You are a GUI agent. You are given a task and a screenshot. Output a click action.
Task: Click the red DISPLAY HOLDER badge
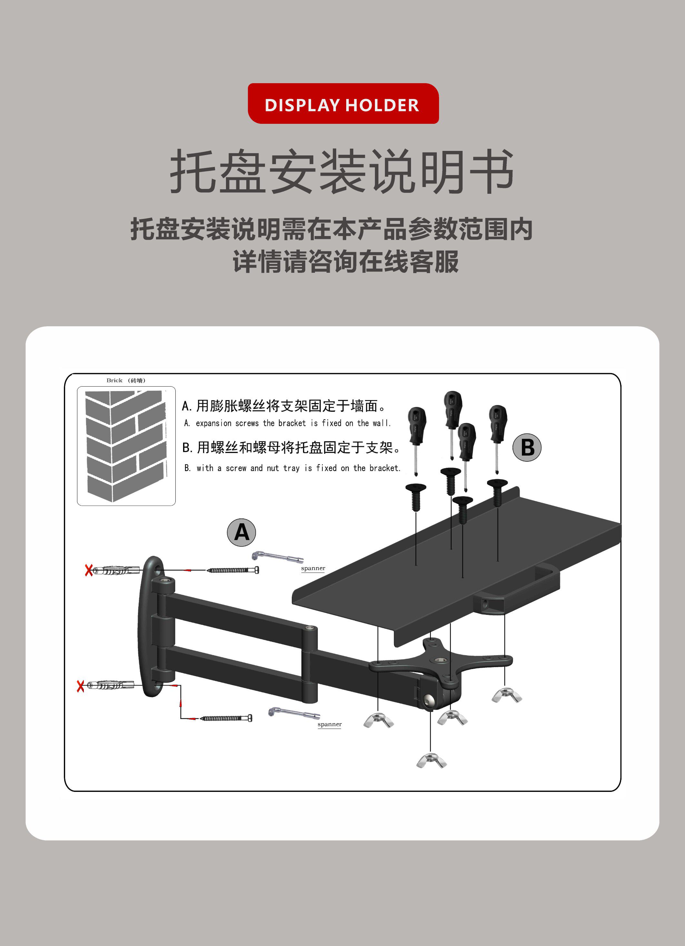coord(343,103)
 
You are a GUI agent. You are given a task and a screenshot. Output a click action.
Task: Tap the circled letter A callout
coord(241,533)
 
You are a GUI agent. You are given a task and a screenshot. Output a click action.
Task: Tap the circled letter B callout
coord(527,448)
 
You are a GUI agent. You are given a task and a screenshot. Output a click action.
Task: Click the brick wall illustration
coord(126,446)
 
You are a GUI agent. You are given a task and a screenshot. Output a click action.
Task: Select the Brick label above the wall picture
coord(114,380)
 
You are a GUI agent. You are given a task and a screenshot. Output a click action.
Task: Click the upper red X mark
coord(88,570)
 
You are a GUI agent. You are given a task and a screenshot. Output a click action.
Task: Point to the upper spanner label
coord(313,568)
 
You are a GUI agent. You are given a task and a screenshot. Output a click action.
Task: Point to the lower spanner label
coord(329,724)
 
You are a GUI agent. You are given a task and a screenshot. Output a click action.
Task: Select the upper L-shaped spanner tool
coord(277,557)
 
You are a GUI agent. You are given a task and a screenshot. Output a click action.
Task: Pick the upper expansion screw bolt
coord(233,570)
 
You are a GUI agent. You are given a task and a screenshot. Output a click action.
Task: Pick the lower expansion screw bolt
coord(226,718)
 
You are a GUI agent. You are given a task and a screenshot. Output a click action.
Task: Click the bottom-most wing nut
coord(432,760)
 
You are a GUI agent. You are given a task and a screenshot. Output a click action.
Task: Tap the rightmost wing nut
coord(506,695)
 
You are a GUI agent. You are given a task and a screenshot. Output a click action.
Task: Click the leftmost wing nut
coord(378,720)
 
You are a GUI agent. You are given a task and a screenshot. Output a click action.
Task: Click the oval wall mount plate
coord(150,626)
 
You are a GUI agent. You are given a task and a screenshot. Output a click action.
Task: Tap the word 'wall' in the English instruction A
coord(381,423)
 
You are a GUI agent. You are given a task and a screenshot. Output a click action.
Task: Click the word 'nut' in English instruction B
coord(273,468)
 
